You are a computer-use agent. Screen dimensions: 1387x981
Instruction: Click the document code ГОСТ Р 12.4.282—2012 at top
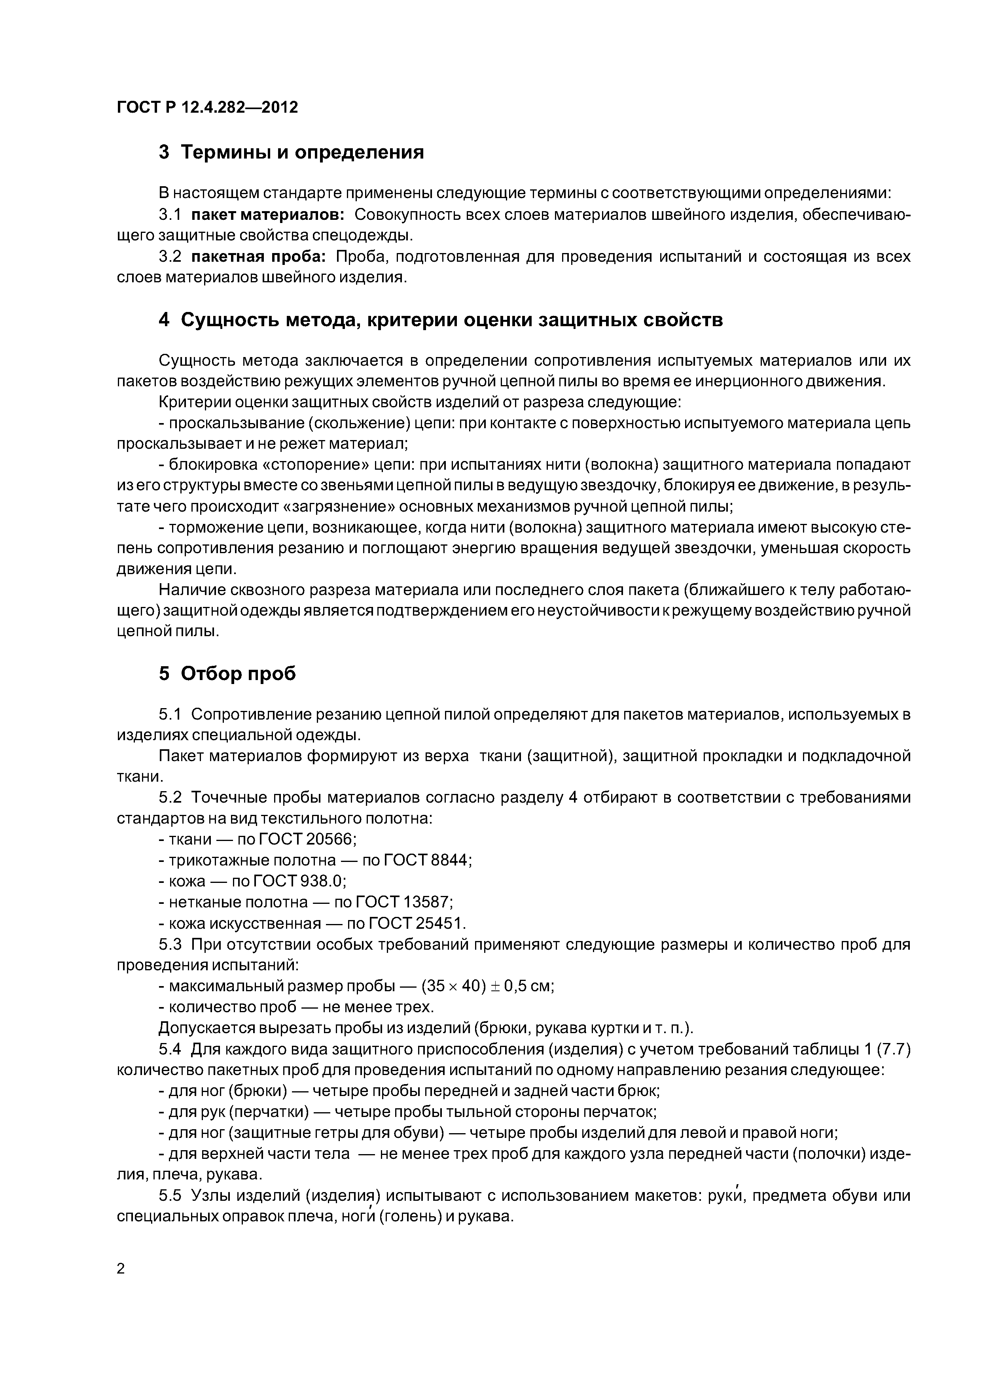pyautogui.click(x=207, y=108)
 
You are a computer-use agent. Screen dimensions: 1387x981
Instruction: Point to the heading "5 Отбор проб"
pyautogui.click(x=227, y=674)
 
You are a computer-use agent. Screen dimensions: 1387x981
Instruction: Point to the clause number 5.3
pyautogui.click(x=170, y=944)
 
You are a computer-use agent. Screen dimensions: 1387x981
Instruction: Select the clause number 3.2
pyautogui.click(x=170, y=257)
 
